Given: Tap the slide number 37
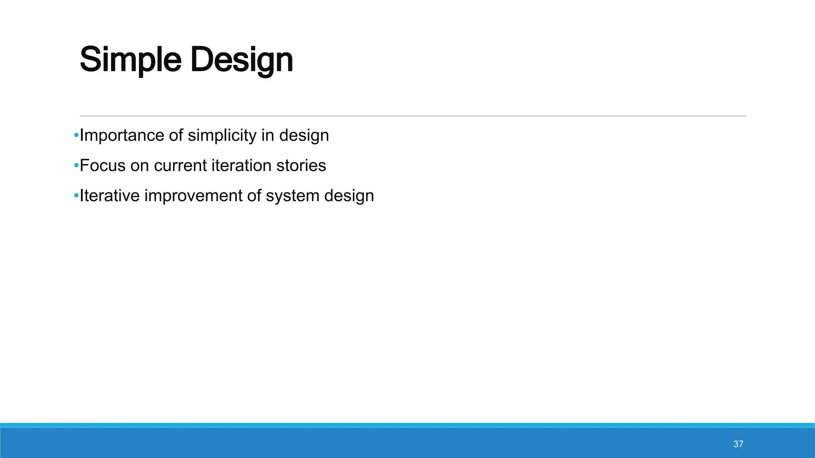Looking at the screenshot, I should pos(738,444).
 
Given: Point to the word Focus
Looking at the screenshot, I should pos(102,165).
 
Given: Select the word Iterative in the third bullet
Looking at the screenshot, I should pos(109,196).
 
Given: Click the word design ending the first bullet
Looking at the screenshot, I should pos(304,136).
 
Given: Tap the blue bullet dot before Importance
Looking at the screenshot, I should pos(76,136).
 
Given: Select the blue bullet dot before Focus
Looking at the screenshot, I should pos(76,165).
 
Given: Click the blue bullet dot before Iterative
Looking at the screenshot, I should pos(76,196).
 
